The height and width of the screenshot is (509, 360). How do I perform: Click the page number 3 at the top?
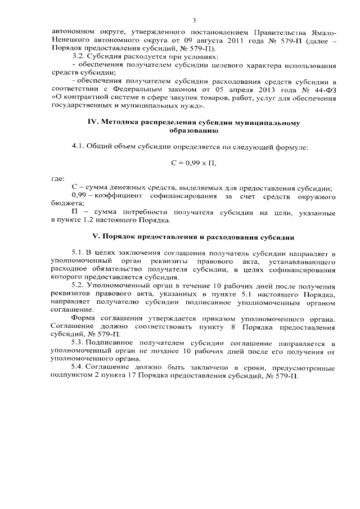[x=193, y=21]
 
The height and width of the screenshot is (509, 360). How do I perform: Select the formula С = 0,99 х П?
[x=193, y=163]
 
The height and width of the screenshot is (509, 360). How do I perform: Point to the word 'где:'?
[x=57, y=178]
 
